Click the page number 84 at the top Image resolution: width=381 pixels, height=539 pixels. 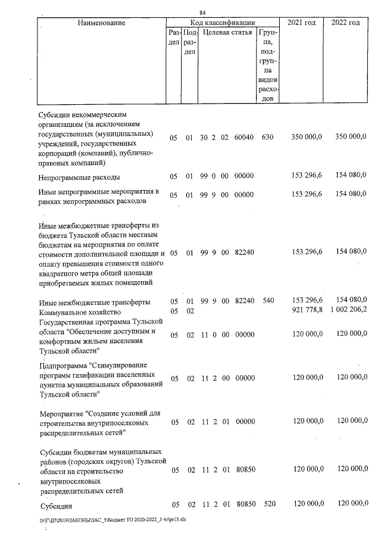202,13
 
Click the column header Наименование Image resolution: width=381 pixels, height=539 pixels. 101,23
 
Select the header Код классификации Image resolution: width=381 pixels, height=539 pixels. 223,23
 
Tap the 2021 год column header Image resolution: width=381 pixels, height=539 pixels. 301,23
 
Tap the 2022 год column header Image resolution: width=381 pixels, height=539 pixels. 345,23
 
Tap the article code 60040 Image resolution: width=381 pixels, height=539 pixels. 245,138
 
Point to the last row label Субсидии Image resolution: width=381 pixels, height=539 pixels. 57,506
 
